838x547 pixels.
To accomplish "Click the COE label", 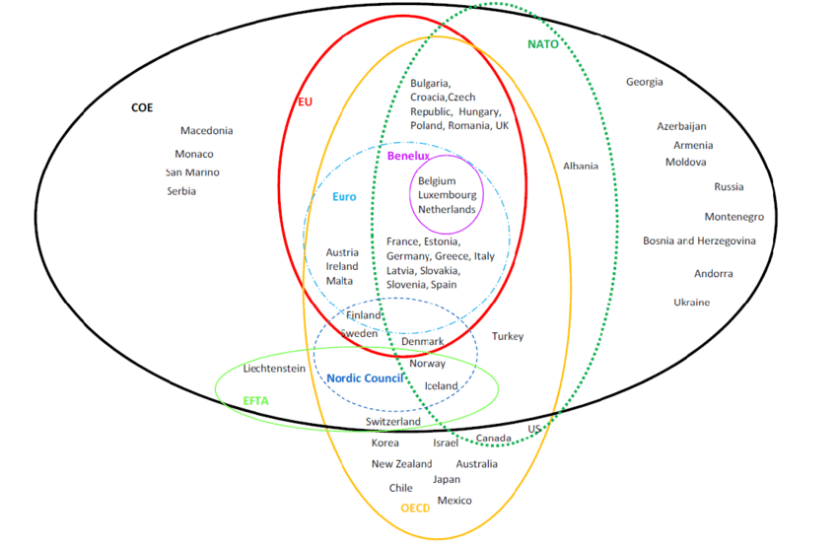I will click(142, 107).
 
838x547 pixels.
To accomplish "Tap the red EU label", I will click(305, 102).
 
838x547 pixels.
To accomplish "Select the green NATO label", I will click(542, 44).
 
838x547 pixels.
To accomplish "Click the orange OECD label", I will click(415, 509).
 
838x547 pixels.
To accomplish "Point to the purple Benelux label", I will click(408, 157).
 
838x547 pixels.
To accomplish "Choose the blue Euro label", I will click(344, 197).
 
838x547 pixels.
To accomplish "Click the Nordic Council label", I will click(364, 378).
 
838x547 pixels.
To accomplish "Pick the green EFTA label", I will click(255, 401).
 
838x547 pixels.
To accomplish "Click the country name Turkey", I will click(508, 337).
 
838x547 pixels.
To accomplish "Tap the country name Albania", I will click(581, 167).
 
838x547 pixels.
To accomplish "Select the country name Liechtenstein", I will click(274, 369).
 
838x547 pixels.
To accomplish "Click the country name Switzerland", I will click(393, 422).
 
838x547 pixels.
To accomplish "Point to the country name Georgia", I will click(645, 82).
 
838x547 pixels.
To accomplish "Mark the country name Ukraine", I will click(691, 303).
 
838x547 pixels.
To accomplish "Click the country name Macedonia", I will click(206, 131).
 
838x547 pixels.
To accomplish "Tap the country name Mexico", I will click(454, 501).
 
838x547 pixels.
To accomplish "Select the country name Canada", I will click(494, 439).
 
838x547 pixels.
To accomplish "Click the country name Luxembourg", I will click(448, 195).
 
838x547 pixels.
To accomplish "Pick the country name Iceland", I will click(442, 385).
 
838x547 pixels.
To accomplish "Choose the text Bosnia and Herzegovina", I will click(699, 240).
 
